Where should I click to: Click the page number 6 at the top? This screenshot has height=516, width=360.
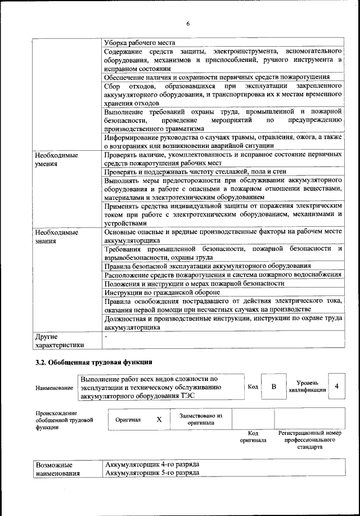click(188, 23)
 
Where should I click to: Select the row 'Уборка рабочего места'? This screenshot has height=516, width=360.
click(140, 43)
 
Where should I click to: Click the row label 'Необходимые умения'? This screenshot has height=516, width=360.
click(56, 159)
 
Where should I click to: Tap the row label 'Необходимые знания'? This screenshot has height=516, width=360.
click(56, 236)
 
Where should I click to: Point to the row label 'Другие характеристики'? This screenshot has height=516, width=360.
click(59, 340)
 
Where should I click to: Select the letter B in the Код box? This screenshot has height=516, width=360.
click(274, 387)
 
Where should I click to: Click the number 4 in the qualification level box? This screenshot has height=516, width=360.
click(336, 386)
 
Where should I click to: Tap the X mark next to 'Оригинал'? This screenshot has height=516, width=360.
click(159, 419)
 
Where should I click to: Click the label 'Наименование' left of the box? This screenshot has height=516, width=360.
click(54, 388)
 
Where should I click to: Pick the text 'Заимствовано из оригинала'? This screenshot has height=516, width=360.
click(201, 419)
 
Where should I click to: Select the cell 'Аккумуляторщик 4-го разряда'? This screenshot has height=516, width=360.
click(152, 464)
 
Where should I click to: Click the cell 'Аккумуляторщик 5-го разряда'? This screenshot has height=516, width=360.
click(152, 473)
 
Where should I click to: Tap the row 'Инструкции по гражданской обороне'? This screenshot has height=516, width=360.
click(163, 293)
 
